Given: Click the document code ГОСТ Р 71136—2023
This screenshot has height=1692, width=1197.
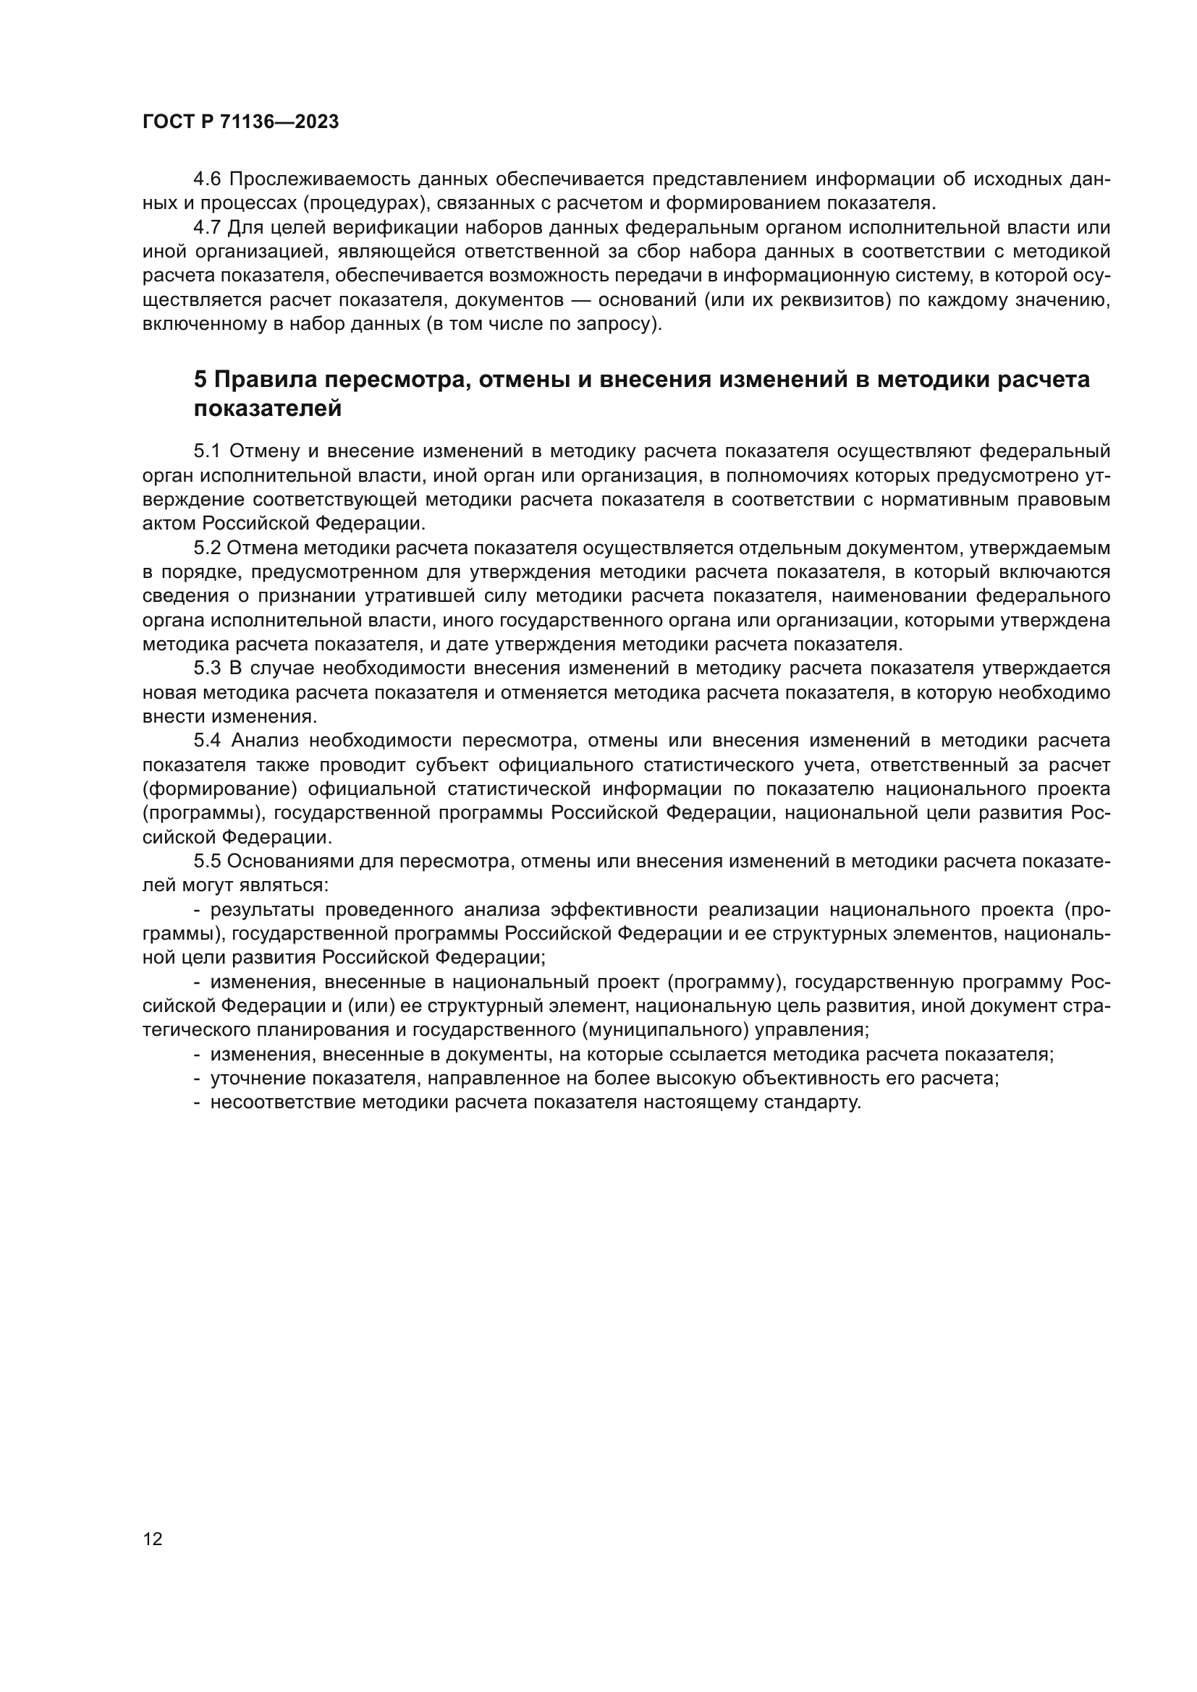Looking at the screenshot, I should pyautogui.click(x=240, y=122).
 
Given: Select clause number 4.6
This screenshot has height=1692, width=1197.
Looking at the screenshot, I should pyautogui.click(x=208, y=179).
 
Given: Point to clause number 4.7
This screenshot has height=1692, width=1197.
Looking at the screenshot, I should pyautogui.click(x=208, y=228).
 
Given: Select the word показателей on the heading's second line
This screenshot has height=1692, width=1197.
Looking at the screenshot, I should pyautogui.click(x=268, y=408).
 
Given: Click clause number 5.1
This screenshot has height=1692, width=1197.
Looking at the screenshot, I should pyautogui.click(x=208, y=451).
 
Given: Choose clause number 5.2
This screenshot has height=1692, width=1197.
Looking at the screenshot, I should pyautogui.click(x=208, y=548).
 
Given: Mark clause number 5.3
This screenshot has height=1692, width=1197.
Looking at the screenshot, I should pyautogui.click(x=208, y=668).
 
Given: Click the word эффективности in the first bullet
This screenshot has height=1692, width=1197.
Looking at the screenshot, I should pyautogui.click(x=625, y=909).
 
